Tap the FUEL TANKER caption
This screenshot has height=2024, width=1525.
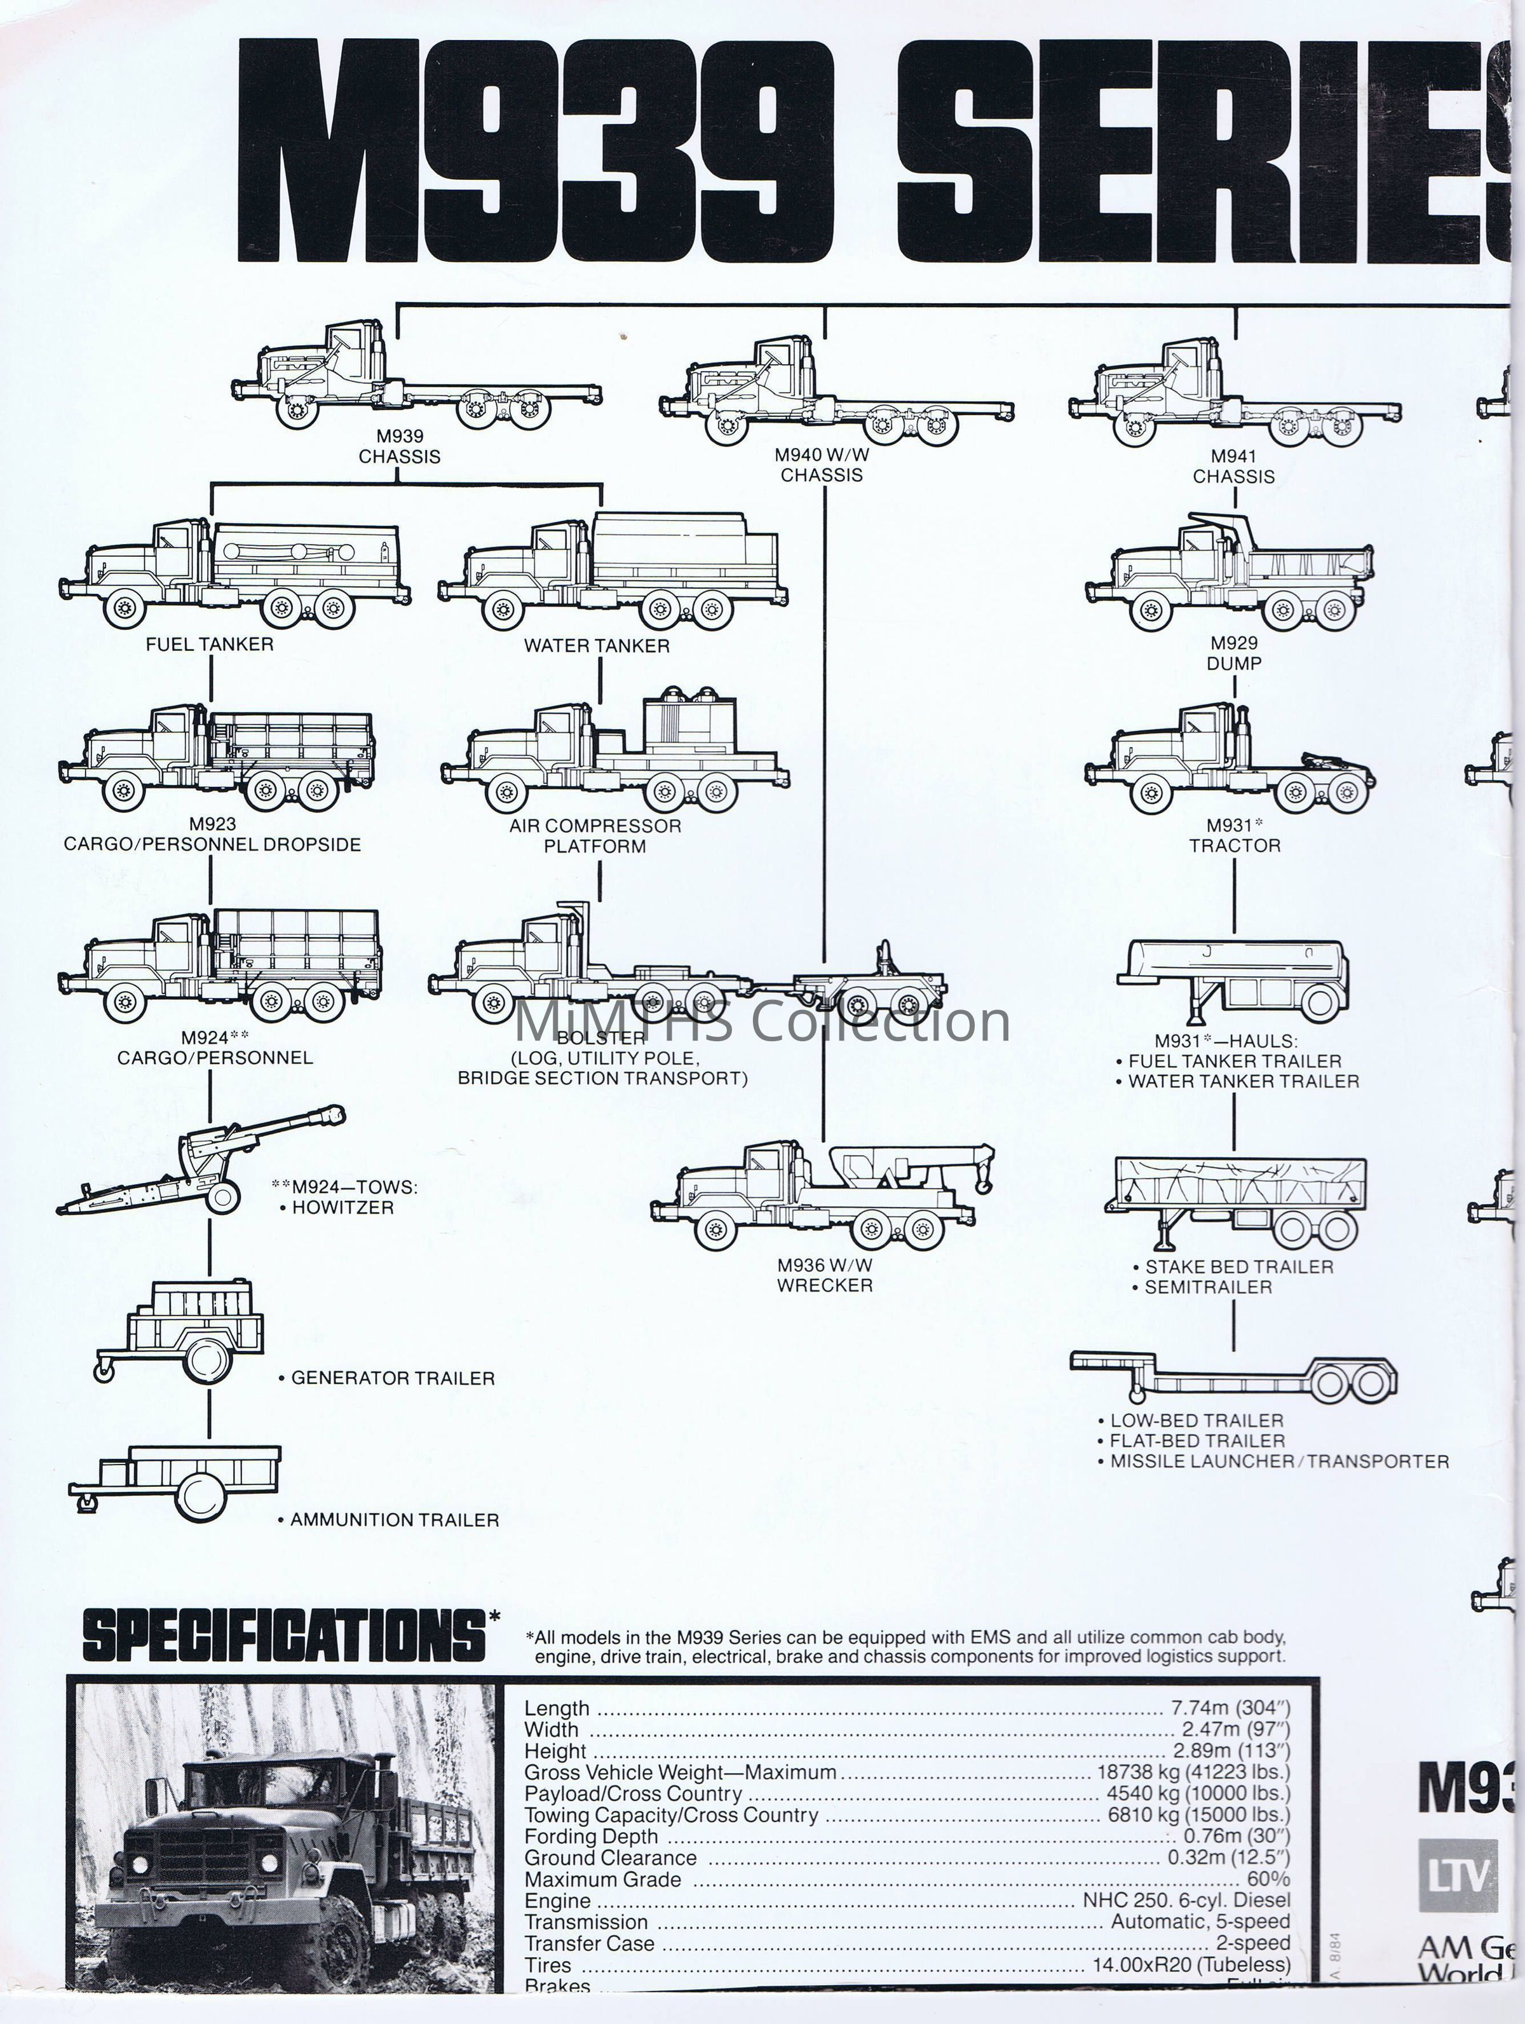[x=210, y=644]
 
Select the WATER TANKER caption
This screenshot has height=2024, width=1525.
[x=597, y=646]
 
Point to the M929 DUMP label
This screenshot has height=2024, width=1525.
[x=1234, y=653]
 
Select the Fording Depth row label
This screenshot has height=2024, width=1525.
[x=591, y=1836]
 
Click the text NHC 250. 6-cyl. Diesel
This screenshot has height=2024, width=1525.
[x=1186, y=1901]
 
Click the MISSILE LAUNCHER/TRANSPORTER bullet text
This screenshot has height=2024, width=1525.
[x=1279, y=1461]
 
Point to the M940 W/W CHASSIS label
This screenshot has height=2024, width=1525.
[x=822, y=465]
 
